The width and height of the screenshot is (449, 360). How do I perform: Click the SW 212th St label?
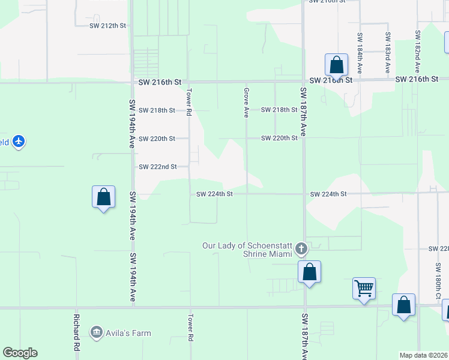108,26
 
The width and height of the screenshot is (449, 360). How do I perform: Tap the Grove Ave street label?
246,102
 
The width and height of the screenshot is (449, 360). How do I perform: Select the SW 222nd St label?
157,167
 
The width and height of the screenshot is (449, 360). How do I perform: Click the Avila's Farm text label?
129,333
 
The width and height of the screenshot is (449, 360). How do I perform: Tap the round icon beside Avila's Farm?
96,332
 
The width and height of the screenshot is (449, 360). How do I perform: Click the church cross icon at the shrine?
302,248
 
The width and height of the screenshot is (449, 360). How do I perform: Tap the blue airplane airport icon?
19,142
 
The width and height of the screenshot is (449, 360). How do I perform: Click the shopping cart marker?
364,289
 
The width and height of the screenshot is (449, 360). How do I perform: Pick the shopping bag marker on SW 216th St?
336,65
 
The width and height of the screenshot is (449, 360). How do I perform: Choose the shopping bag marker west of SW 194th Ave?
103,197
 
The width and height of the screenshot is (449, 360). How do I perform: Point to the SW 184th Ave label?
360,53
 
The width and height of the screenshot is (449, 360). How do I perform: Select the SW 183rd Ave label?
388,53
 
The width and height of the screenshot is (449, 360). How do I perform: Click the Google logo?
20,353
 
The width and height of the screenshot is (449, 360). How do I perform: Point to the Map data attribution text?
423,355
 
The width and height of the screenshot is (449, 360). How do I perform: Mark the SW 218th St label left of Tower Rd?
157,110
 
